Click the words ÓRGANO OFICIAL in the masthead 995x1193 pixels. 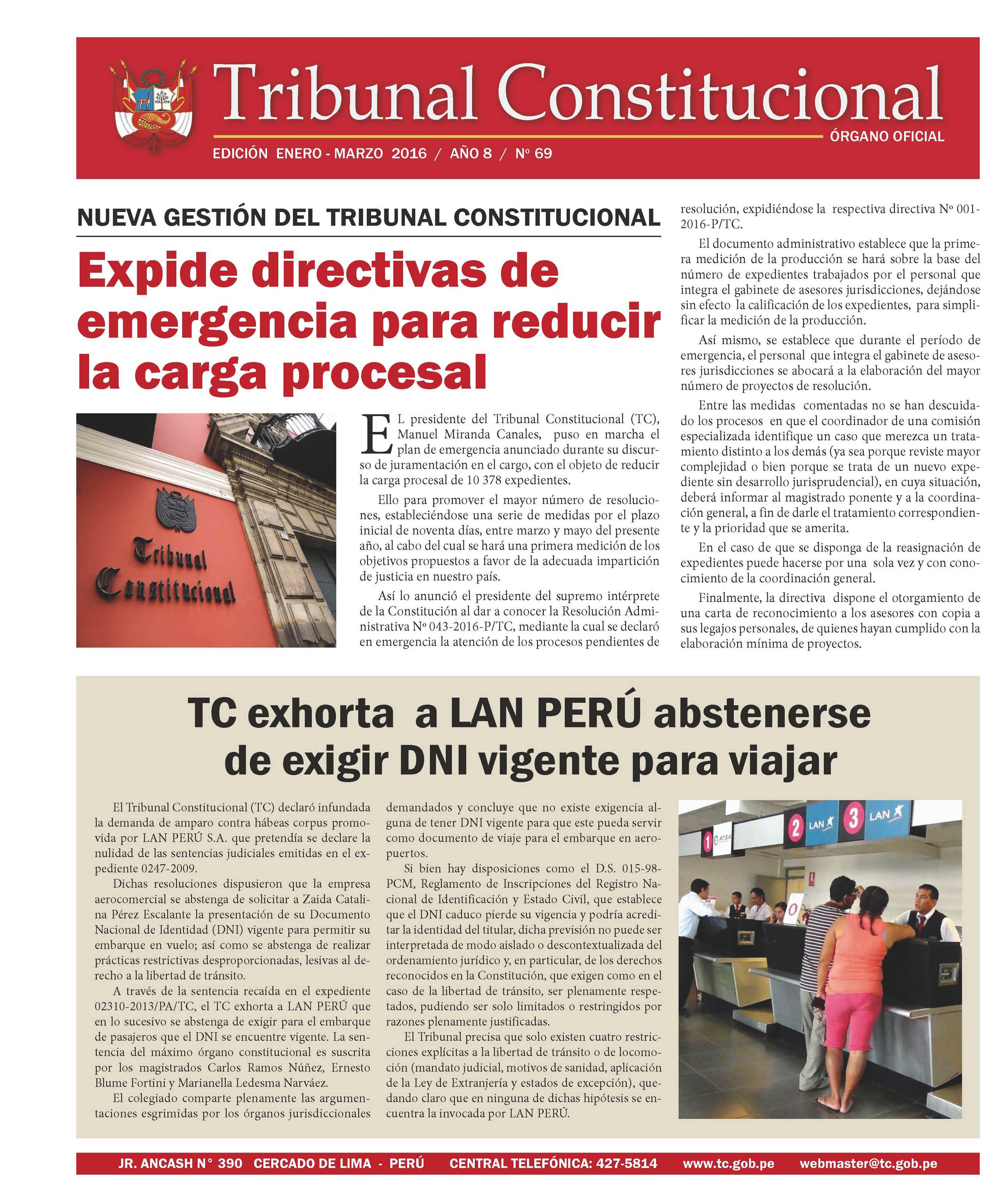click(886, 136)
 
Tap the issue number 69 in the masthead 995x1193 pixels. click(543, 153)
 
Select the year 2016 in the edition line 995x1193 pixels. click(409, 153)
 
